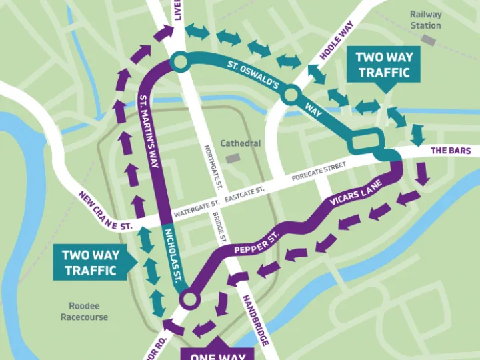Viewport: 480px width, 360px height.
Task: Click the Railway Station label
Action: click(x=425, y=20)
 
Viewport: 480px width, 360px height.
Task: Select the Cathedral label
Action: click(x=241, y=143)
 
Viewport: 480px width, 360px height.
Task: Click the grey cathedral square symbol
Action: click(x=232, y=158)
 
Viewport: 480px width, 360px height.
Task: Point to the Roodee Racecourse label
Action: click(x=84, y=311)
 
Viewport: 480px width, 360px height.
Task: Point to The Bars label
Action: click(x=451, y=151)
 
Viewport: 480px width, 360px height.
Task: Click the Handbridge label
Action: click(x=255, y=320)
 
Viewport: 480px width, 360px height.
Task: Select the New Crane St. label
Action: click(x=105, y=211)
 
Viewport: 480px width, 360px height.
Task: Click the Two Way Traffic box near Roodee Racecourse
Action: click(x=89, y=262)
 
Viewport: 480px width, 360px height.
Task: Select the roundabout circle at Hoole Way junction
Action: click(x=290, y=95)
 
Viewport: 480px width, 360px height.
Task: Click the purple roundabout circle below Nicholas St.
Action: click(x=189, y=300)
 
